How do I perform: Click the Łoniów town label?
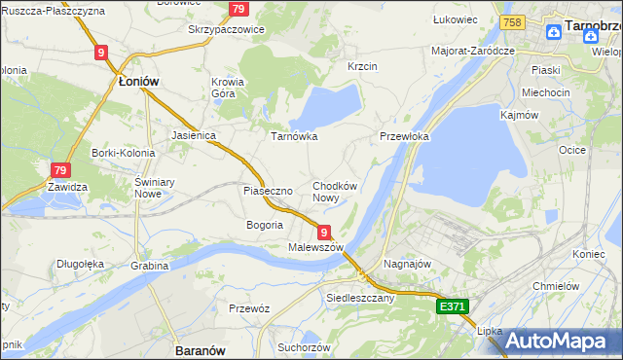pos(138,83)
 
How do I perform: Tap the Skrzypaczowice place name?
pos(227,29)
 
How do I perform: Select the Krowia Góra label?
pos(228,89)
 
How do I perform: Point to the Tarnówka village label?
pos(294,136)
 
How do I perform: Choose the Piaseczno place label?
pos(268,191)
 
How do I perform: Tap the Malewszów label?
pos(316,247)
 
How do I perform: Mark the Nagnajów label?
pos(408,264)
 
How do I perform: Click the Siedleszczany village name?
pos(360,298)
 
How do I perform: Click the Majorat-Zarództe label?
pos(472,50)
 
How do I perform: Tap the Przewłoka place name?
pos(404,137)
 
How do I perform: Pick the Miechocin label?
pos(545,92)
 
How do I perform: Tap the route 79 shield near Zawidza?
pos(60,169)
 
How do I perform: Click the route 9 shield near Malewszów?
pos(323,231)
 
